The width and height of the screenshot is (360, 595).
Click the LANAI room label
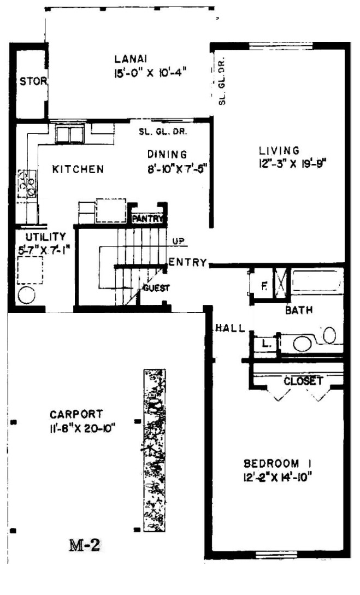(131, 59)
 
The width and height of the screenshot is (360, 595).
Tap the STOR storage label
(33, 81)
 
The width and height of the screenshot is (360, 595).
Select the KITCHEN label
(78, 169)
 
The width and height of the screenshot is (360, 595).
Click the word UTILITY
(45, 237)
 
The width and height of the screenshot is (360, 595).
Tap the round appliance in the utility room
(27, 295)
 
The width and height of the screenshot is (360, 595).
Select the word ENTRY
(188, 262)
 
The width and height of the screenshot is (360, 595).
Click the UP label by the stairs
(179, 241)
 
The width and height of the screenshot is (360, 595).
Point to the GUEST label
(156, 288)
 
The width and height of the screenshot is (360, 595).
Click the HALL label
(231, 328)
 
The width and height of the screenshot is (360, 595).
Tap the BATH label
(299, 310)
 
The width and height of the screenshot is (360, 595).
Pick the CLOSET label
(303, 381)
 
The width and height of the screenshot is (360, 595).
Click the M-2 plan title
(84, 545)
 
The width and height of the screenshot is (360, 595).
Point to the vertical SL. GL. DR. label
(222, 80)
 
